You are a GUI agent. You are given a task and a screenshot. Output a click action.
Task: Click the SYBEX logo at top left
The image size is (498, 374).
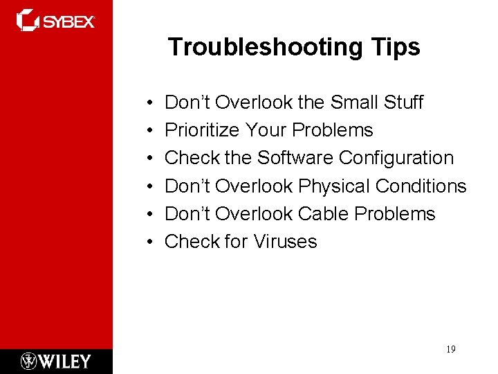click(55, 20)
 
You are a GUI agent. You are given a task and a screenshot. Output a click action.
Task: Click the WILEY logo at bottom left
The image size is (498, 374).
click(55, 361)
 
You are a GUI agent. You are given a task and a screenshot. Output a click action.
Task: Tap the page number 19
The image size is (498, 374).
click(450, 350)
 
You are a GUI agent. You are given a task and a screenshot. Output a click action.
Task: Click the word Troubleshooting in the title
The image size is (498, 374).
click(260, 47)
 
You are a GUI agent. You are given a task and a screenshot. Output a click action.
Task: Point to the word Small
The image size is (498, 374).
click(353, 103)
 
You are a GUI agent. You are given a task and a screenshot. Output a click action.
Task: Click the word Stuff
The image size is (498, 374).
click(403, 103)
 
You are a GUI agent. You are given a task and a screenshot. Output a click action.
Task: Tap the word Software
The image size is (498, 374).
click(295, 158)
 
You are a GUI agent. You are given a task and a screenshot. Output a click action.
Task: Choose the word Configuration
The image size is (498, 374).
click(396, 158)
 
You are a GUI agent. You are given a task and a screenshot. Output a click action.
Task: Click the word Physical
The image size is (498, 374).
click(334, 186)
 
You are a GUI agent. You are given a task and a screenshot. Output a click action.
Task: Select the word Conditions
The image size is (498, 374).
click(421, 186)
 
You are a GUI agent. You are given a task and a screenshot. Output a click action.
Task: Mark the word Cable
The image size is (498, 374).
click(323, 213)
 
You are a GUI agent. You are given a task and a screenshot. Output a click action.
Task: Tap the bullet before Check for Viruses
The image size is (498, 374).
click(150, 242)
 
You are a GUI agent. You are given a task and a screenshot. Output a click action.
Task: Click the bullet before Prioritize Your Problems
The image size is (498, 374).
click(150, 131)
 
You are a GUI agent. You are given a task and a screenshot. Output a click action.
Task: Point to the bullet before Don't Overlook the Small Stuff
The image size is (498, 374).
click(150, 103)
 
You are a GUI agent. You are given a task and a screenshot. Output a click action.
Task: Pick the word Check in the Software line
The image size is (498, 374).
click(192, 158)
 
